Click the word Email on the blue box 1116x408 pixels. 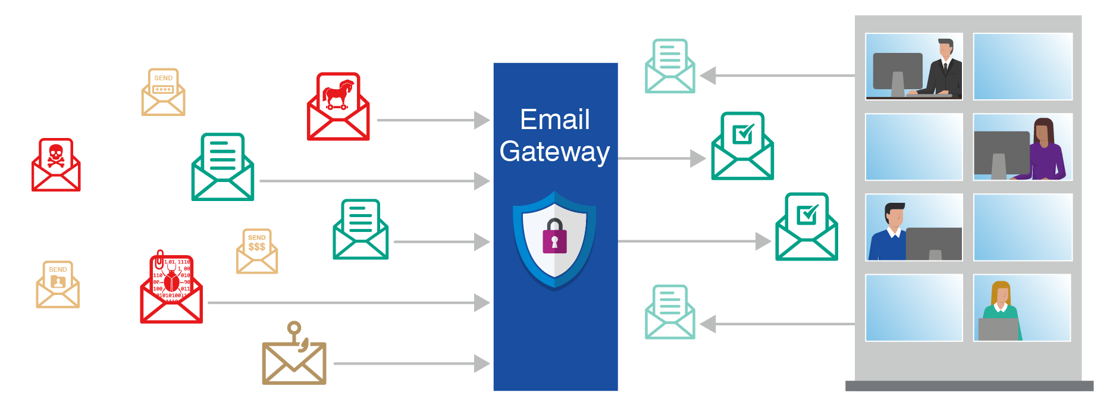point(554,120)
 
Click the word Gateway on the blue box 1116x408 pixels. point(554,152)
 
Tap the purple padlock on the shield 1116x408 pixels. point(554,236)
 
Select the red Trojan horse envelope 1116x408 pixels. point(338,108)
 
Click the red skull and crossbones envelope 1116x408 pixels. point(56,165)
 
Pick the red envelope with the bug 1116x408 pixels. point(171,290)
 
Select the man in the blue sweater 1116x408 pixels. point(888,233)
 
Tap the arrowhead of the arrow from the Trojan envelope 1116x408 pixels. point(482,120)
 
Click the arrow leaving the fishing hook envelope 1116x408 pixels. point(410,363)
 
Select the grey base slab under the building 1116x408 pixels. point(969,386)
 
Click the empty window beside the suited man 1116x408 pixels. point(1023,67)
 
